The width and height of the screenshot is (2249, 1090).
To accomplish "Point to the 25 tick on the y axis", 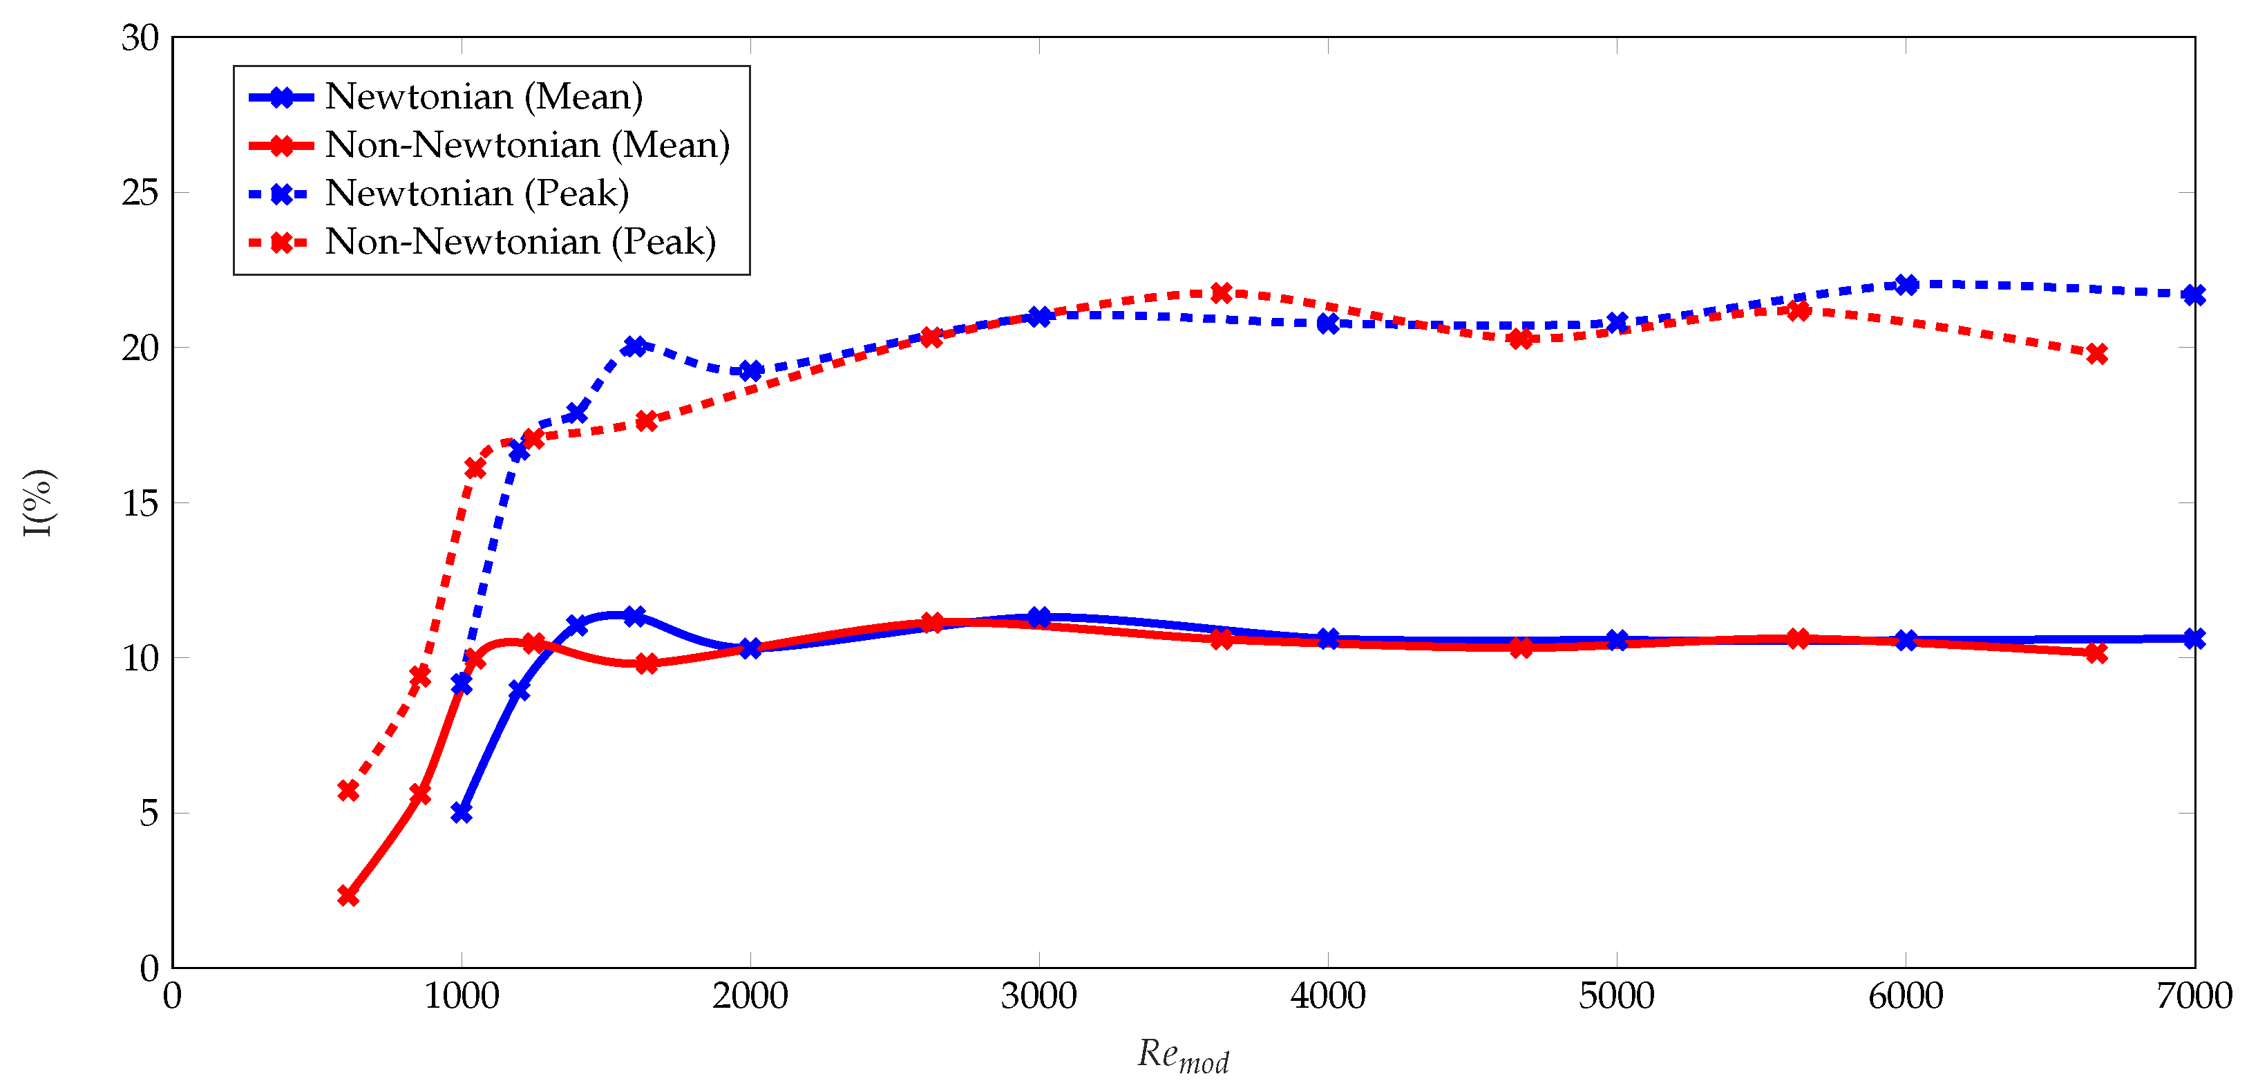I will (140, 193).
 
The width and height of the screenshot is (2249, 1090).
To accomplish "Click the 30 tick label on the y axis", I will (140, 39).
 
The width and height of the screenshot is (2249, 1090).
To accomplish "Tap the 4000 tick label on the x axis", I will (1328, 997).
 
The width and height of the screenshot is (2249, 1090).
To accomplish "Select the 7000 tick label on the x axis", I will (2193, 997).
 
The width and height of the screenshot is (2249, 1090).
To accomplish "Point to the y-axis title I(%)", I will (39, 503).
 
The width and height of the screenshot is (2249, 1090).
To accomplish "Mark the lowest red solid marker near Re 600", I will (348, 896).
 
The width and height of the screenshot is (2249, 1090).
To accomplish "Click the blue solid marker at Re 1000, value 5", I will (462, 813).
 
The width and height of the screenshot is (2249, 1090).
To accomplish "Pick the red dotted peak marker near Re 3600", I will (1222, 292).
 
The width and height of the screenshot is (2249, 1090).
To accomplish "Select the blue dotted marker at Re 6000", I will (1906, 285).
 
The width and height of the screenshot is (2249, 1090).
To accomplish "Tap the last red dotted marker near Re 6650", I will (2096, 354).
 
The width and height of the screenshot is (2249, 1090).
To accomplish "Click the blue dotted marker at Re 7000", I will (2194, 295).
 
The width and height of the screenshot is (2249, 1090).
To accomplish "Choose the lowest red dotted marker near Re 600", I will (348, 791).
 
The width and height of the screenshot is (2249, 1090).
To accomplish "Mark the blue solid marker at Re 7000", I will (2194, 639).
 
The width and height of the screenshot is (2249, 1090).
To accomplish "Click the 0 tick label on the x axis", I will (173, 997).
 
